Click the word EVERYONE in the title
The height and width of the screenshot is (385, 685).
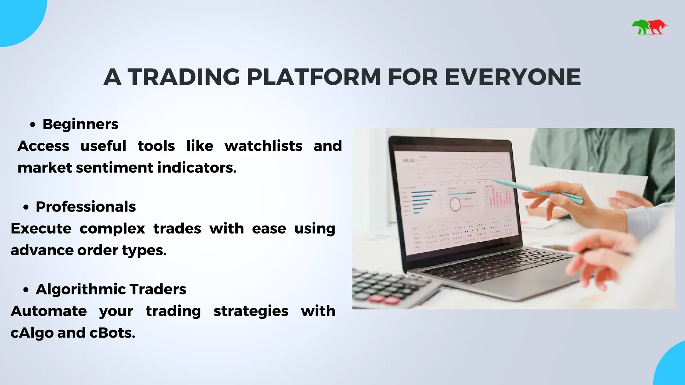[512, 77]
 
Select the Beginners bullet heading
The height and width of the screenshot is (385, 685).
[80, 124]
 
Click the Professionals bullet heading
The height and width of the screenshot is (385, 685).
[86, 207]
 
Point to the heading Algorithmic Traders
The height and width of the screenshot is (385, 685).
[111, 289]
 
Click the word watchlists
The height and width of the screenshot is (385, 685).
[263, 146]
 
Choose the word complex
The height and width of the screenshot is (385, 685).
[112, 229]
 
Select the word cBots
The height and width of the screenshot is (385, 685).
[112, 333]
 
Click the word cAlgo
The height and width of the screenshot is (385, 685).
[32, 333]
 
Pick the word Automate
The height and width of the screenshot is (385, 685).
[48, 311]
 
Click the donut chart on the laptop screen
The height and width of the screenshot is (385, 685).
[455, 204]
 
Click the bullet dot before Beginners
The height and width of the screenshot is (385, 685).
[32, 125]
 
